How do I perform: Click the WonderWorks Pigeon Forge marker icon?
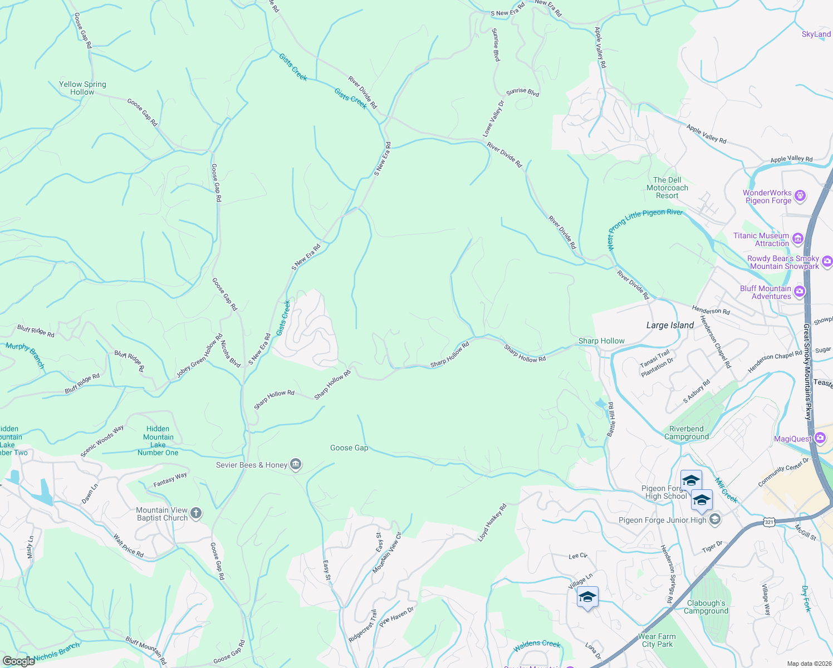[x=800, y=195]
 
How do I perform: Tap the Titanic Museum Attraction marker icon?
[x=798, y=239]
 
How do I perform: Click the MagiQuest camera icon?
[x=820, y=438]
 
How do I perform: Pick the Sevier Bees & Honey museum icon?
[x=296, y=464]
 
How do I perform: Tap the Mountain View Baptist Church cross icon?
[x=195, y=513]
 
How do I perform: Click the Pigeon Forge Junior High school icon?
[x=716, y=519]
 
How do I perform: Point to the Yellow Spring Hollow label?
[x=82, y=88]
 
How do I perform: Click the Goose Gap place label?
[x=349, y=448]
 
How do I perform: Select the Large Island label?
[x=670, y=325]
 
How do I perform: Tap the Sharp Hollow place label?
[x=601, y=341]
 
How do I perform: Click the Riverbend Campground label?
[x=687, y=433]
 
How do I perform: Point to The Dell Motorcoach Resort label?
[x=667, y=188]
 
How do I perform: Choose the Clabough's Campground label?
[x=706, y=607]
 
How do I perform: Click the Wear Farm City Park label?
[x=657, y=640]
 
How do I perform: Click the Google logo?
[x=18, y=661]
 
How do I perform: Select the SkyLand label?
[x=816, y=34]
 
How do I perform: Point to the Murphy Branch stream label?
[x=25, y=355]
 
